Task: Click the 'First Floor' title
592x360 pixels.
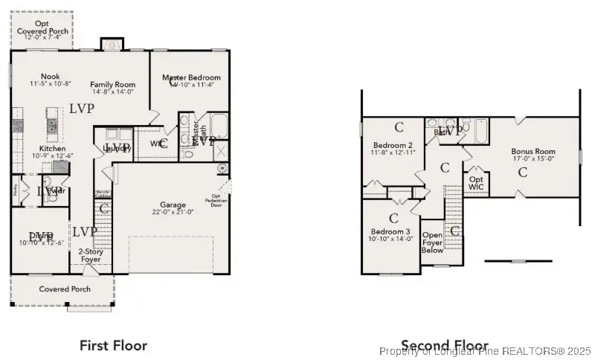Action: (x=113, y=345)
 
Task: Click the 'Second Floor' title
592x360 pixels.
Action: (x=444, y=344)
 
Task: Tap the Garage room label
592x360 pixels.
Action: (x=174, y=205)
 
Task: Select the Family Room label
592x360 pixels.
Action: (x=112, y=84)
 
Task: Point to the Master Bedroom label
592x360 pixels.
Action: (x=192, y=77)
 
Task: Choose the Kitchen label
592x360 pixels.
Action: (x=53, y=149)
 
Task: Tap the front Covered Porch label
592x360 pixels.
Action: (x=65, y=289)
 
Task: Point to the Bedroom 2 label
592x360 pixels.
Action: (x=393, y=145)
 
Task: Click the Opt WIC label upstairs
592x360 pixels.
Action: (x=475, y=183)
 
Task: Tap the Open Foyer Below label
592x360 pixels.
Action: (x=432, y=242)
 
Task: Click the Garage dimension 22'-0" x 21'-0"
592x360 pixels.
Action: (x=174, y=212)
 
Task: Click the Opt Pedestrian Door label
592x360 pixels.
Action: (x=216, y=202)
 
